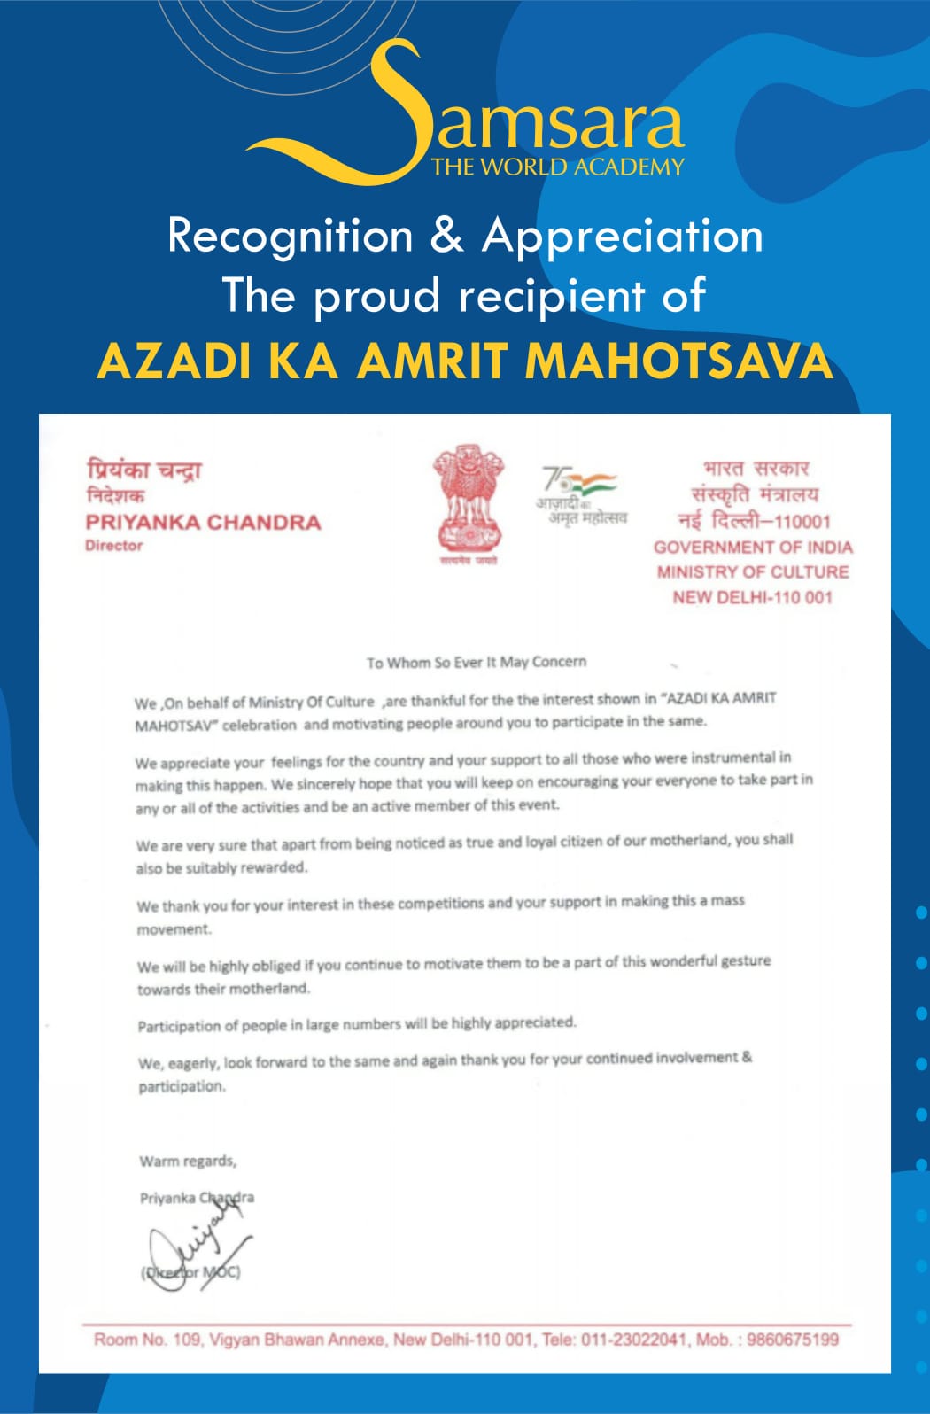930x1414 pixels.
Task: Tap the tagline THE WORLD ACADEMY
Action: [557, 167]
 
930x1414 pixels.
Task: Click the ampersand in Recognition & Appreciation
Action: [447, 236]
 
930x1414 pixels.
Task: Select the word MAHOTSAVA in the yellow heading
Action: [678, 361]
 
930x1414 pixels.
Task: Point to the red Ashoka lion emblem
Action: [469, 501]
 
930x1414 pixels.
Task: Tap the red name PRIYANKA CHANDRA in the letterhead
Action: [203, 522]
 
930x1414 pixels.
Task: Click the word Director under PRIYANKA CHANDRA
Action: [114, 546]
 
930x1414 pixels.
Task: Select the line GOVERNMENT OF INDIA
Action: [753, 548]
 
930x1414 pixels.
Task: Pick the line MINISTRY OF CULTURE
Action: [753, 572]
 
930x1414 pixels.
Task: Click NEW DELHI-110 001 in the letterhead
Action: [753, 597]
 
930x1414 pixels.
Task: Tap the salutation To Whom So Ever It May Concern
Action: [477, 662]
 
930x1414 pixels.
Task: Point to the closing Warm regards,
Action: [188, 1161]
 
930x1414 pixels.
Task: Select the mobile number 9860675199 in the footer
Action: [793, 1339]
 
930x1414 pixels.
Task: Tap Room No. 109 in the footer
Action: [147, 1339]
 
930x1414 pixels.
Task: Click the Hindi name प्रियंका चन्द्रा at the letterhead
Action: [143, 470]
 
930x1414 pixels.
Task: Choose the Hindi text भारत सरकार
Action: [756, 469]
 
